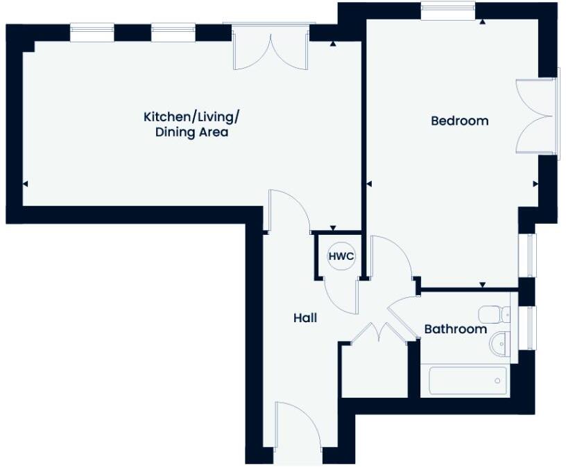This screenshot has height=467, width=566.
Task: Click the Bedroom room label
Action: tap(459, 121)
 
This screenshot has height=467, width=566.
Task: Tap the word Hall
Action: tap(305, 318)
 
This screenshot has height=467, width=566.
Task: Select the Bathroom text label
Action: tap(455, 329)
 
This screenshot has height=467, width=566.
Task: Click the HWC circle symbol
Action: tap(341, 257)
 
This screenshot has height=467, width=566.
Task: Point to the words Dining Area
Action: tap(191, 132)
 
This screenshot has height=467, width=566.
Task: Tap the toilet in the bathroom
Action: tap(495, 314)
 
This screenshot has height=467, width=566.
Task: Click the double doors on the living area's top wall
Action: tap(271, 49)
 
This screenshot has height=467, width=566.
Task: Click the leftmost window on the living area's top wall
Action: tap(92, 33)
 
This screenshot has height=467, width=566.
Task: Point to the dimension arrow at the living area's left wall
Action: tap(26, 184)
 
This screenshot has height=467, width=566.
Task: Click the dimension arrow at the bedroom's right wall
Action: tap(535, 184)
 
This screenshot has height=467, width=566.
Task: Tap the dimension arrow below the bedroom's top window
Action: tap(481, 22)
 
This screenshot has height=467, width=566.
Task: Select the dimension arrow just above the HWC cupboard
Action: tap(333, 228)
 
